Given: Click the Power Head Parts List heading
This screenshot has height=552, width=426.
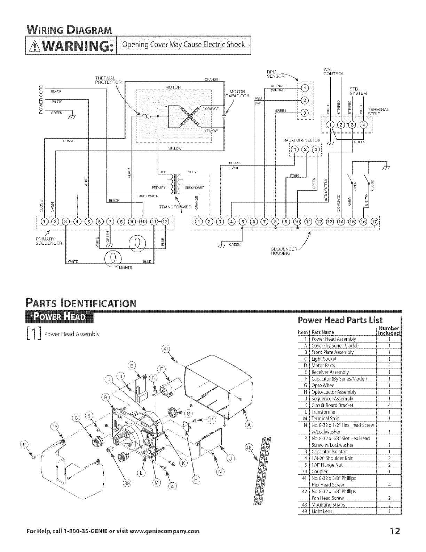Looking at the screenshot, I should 340,320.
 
